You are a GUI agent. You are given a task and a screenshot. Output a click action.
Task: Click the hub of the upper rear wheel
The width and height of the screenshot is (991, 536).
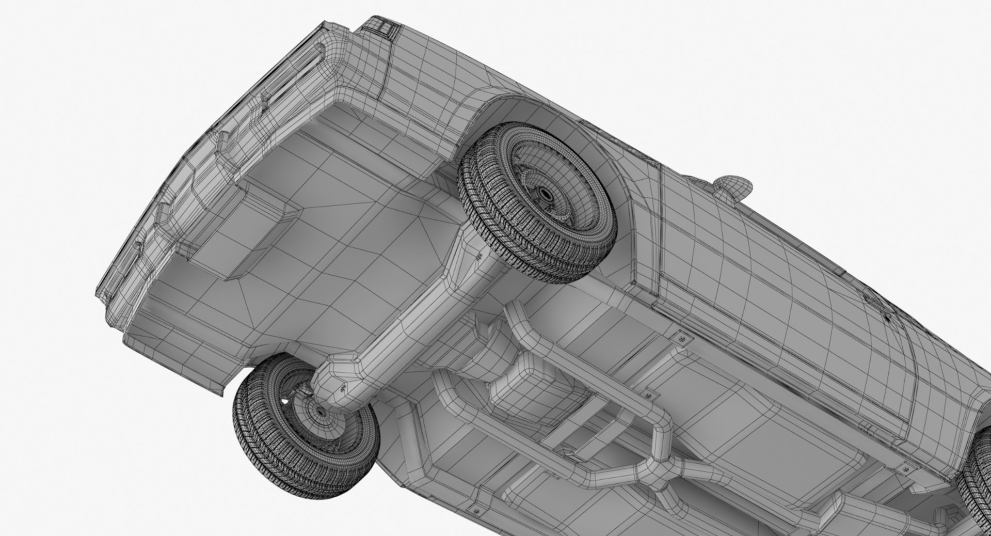pyautogui.click(x=546, y=194)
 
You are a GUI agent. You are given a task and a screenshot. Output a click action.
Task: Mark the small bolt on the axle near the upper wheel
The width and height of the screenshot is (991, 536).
pyautogui.click(x=478, y=255)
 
